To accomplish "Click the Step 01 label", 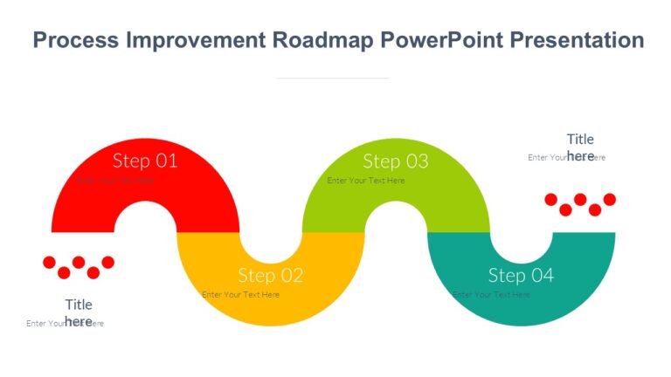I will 145,161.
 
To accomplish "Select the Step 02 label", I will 270,276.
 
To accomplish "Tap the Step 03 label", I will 395,161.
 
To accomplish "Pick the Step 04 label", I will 521,276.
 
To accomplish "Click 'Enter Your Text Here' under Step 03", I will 366,181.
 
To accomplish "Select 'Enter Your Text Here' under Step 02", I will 240,295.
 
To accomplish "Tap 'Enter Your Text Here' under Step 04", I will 491,295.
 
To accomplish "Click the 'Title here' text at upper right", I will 580,147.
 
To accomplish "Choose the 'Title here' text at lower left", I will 79,312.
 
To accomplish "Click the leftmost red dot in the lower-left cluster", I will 49,262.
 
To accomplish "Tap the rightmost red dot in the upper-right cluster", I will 610,200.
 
